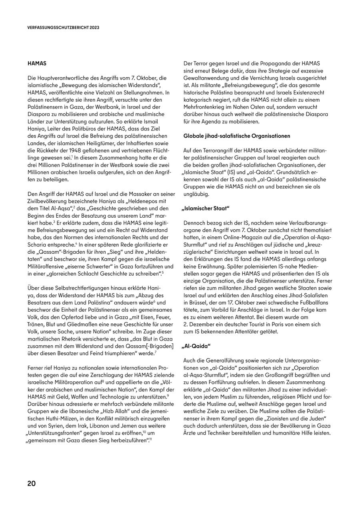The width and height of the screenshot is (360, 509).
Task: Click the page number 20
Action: coord(32,483)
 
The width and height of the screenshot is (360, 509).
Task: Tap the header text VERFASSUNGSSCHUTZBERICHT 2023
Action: coord(63,28)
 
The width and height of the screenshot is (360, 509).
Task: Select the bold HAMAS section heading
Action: coord(37,63)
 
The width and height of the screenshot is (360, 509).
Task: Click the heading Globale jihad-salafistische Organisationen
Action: coord(237,136)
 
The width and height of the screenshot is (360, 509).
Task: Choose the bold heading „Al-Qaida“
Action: coord(197,346)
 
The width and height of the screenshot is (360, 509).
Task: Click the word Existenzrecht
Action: coord(305,92)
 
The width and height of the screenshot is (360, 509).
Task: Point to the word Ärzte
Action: coord(192,433)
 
